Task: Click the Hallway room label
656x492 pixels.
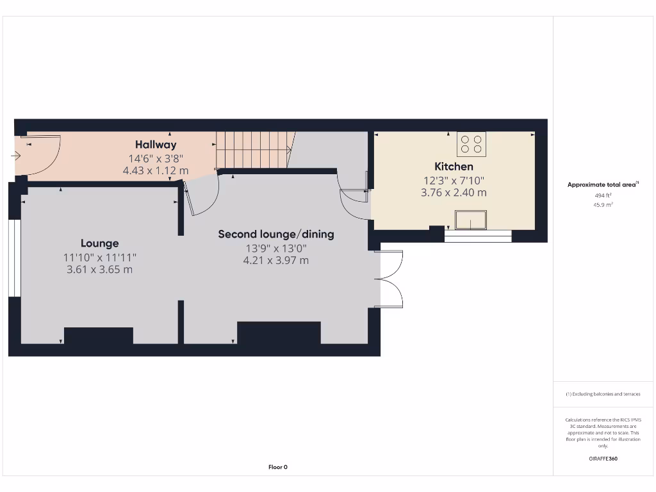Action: tap(156, 145)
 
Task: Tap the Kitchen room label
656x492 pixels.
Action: tap(454, 167)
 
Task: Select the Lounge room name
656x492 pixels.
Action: tap(99, 243)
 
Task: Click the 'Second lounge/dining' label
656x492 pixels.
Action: tap(276, 234)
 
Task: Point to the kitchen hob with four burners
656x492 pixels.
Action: tap(471, 144)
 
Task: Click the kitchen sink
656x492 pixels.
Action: tap(471, 220)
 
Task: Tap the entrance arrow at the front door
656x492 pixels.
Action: tap(15, 155)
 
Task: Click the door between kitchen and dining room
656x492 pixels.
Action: tap(354, 204)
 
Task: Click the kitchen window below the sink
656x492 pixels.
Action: tap(478, 236)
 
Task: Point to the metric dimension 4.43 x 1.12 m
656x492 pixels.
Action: tap(156, 171)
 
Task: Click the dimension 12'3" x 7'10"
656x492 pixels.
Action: tap(454, 180)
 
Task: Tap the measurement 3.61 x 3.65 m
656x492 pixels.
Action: tap(99, 270)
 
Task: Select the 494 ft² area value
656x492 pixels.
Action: tap(602, 195)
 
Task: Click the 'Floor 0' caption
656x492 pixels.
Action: tap(277, 467)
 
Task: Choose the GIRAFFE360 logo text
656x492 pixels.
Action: tap(602, 459)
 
